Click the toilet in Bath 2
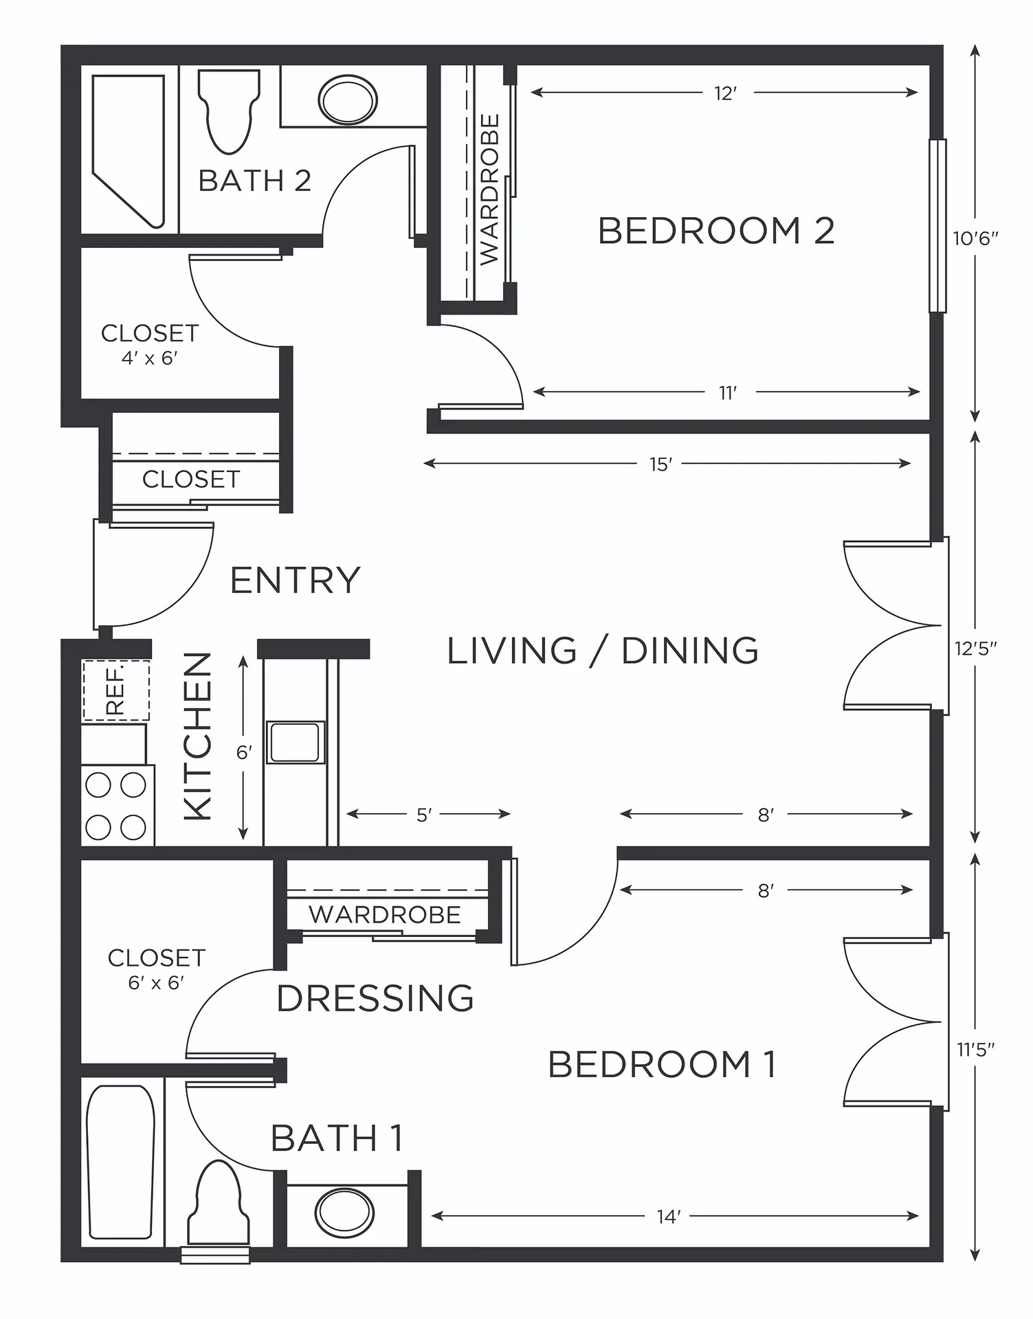tap(229, 110)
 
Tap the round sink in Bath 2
tap(348, 100)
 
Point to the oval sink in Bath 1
tap(345, 1213)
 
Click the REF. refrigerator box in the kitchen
tap(116, 690)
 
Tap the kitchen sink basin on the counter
tap(295, 742)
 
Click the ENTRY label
tap(296, 580)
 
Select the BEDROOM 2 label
tap(716, 230)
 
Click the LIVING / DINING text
tap(603, 650)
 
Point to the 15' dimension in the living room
tap(660, 464)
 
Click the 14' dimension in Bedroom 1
tap(669, 1216)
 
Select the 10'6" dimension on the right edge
tap(975, 238)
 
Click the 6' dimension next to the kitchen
tap(244, 753)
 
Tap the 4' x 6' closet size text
tap(150, 358)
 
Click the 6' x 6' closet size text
tap(156, 982)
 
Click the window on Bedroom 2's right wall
tap(937, 226)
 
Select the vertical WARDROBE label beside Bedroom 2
tap(489, 190)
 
